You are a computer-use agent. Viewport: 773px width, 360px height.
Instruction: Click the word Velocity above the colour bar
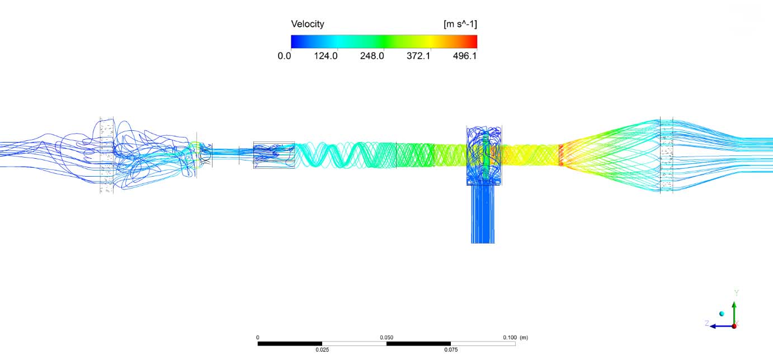[308, 24]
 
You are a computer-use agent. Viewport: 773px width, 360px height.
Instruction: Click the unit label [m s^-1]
[460, 24]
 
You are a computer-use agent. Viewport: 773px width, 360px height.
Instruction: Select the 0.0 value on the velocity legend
[284, 56]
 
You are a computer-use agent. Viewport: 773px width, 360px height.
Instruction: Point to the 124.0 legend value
[326, 56]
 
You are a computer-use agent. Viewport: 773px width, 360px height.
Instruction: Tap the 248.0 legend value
[372, 56]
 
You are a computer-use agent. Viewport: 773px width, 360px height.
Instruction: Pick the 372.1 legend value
[418, 56]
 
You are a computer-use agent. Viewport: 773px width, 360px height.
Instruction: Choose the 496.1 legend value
[465, 56]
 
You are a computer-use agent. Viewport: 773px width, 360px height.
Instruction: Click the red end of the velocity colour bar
[473, 41]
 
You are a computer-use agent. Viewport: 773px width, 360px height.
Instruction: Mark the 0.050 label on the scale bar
[387, 338]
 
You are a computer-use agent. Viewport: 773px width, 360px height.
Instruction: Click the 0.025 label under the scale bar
[322, 349]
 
